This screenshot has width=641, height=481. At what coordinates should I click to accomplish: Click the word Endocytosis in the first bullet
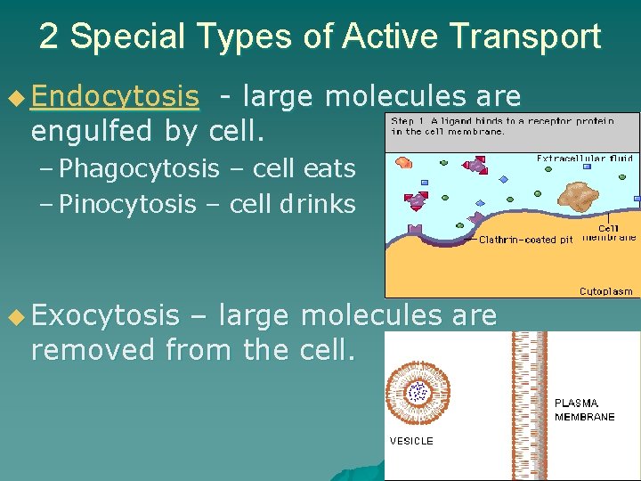click(x=114, y=96)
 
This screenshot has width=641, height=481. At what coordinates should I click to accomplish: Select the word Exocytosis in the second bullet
click(x=104, y=315)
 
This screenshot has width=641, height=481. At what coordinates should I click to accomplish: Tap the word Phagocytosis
click(x=139, y=168)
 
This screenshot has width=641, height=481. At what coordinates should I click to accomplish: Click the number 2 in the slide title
click(x=50, y=37)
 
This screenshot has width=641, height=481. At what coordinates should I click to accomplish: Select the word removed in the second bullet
click(x=93, y=350)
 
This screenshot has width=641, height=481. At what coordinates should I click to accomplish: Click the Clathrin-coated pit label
click(x=525, y=240)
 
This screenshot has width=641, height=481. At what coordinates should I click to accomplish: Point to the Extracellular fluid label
click(x=584, y=159)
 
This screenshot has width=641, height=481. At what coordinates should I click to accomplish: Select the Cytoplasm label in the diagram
click(x=606, y=290)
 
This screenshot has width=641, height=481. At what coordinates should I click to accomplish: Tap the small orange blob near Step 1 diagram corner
click(x=402, y=163)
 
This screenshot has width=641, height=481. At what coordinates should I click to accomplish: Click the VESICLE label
click(x=411, y=441)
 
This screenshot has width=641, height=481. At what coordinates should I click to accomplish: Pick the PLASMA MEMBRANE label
click(x=584, y=410)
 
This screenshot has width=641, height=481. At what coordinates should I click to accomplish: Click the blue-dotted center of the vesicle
click(x=418, y=392)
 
